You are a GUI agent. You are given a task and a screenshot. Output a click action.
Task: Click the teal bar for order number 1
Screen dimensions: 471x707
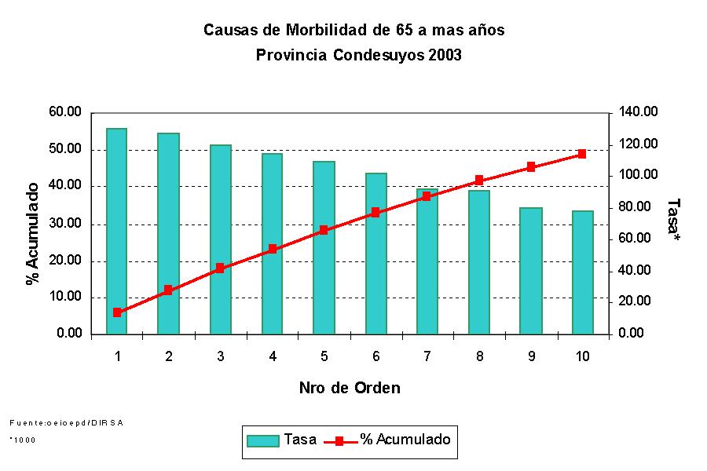coord(117,231)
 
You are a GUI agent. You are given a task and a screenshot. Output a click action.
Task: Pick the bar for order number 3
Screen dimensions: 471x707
coord(221,239)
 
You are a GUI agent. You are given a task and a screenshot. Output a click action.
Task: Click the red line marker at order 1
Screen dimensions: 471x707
coord(117,312)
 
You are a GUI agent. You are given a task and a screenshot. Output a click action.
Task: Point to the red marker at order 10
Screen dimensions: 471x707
coord(582,154)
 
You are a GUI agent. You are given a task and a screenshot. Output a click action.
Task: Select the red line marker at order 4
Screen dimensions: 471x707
coord(273,249)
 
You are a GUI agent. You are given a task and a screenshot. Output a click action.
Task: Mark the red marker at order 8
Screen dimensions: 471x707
coord(479,181)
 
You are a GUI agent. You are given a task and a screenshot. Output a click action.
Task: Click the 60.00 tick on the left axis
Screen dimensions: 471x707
coord(65,112)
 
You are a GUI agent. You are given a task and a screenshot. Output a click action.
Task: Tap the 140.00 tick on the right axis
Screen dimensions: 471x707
coord(637,112)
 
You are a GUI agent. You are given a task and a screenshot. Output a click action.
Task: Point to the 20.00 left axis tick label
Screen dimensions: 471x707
coord(65,261)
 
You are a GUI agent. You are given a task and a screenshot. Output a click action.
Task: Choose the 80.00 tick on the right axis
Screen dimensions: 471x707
coord(635,207)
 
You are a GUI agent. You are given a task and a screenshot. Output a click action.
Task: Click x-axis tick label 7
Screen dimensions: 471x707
coord(427,356)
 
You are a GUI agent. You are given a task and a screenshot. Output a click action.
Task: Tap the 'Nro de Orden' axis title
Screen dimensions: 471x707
coord(350,388)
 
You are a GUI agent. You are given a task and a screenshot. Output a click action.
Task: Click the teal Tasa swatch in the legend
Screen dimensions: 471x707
coord(263,440)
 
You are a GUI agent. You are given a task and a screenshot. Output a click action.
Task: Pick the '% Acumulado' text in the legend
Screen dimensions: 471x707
coord(405,440)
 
